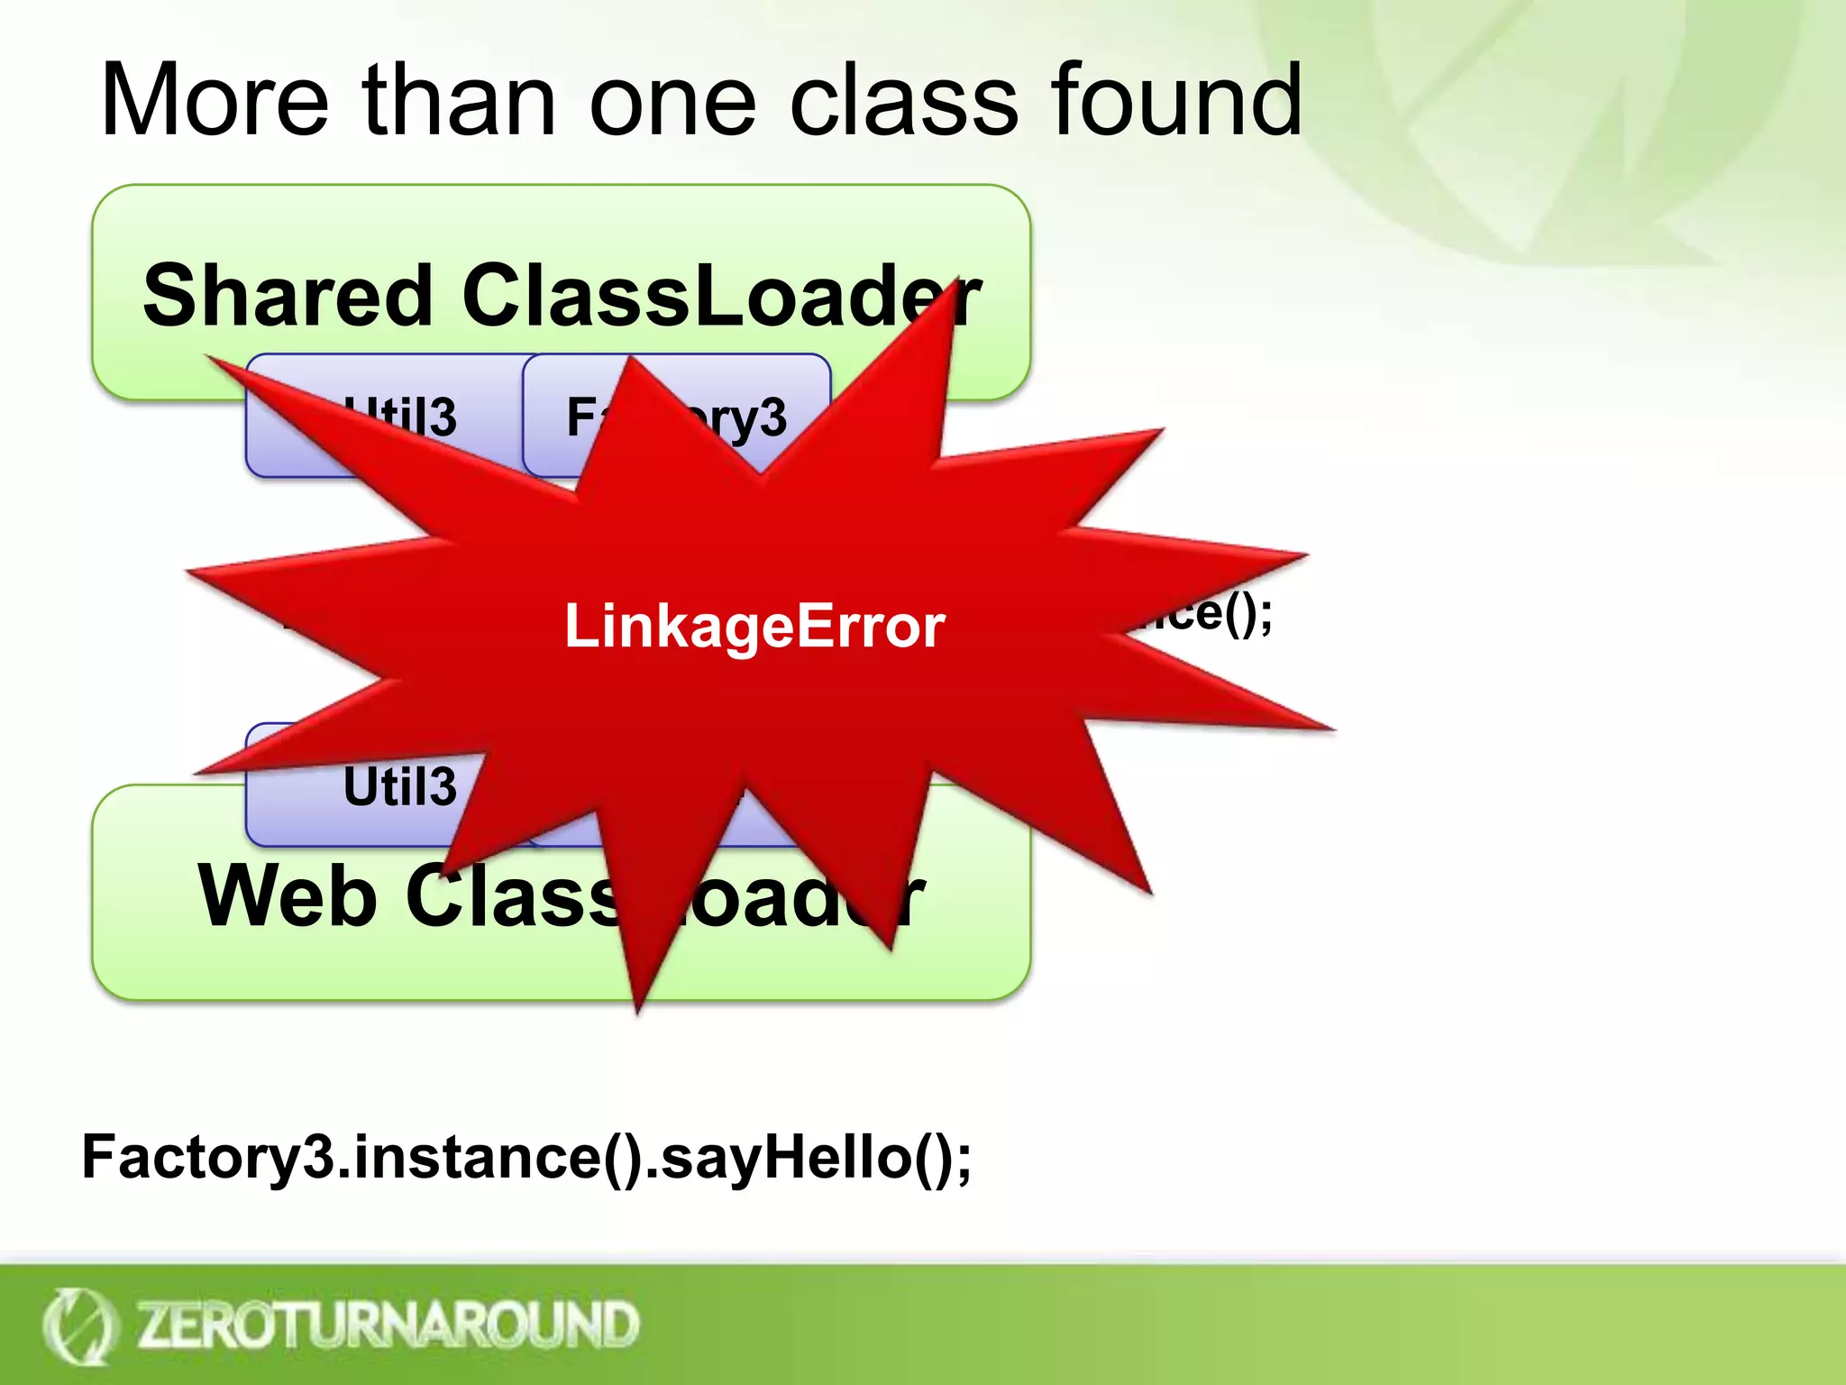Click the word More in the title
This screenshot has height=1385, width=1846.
[x=215, y=101]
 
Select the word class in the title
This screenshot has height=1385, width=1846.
[x=903, y=101]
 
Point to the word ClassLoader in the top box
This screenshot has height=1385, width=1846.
[x=721, y=296]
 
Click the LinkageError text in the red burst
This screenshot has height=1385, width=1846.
[x=754, y=626]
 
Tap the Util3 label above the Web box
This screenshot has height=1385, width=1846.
[x=399, y=786]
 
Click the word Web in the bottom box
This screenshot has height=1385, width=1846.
[x=287, y=896]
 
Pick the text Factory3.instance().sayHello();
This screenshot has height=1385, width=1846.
[x=526, y=1157]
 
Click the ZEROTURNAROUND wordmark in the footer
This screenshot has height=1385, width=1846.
[x=388, y=1325]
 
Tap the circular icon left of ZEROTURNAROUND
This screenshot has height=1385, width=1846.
[x=79, y=1325]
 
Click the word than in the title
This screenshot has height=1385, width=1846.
[x=459, y=101]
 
